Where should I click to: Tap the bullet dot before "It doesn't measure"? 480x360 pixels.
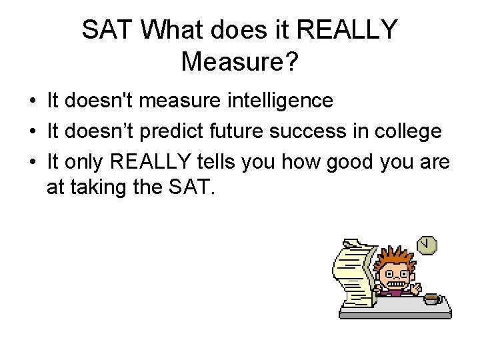coord(32,101)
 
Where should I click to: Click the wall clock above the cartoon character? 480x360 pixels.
coord(427,245)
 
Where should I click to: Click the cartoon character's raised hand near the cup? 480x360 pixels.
coord(416,289)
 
